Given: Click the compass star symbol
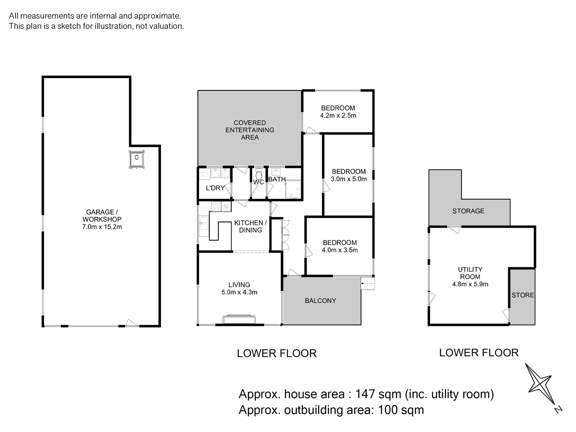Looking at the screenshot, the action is [540, 384].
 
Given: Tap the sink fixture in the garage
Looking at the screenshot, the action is [136, 159].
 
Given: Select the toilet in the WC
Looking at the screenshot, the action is [259, 173].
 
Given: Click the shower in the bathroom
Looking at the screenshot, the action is [293, 189].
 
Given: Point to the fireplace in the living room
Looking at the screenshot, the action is [239, 319].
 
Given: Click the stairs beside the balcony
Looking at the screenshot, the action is [368, 283].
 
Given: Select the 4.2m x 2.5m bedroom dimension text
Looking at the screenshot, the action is [338, 116].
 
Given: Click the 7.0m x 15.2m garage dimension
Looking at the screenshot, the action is [102, 227].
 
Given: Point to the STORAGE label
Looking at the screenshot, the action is [468, 211].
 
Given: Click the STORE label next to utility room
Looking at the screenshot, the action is [523, 295].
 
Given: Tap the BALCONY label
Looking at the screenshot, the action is [320, 300].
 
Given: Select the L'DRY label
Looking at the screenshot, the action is [215, 188].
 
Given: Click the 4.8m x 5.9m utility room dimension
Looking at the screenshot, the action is [470, 284].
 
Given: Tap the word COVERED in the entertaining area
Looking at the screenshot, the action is [250, 123].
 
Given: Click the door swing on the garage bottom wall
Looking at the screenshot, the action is [132, 323].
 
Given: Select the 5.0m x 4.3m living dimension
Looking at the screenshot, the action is [239, 292].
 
